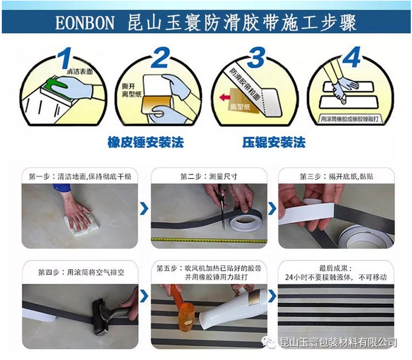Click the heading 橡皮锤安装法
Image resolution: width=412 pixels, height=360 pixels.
(x=146, y=143)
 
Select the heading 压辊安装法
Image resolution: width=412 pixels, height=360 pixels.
(x=274, y=143)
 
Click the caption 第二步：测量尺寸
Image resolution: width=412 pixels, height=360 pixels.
(x=208, y=176)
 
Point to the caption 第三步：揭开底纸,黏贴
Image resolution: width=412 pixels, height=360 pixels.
(x=336, y=176)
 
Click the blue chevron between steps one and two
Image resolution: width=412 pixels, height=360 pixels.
(x=144, y=209)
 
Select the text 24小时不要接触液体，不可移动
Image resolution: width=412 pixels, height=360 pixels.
(x=336, y=277)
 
